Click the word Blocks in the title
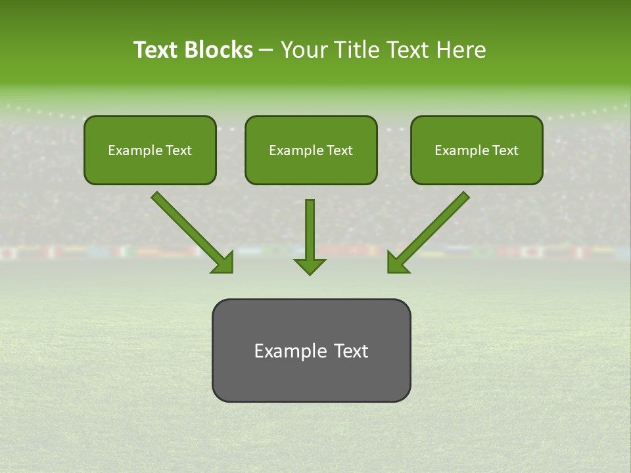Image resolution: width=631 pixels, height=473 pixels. pyautogui.click(x=219, y=50)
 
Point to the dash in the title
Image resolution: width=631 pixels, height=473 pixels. pyautogui.click(x=266, y=51)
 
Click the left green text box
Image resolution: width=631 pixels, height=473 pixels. pyautogui.click(x=150, y=168)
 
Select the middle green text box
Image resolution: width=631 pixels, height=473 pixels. pyautogui.click(x=311, y=168)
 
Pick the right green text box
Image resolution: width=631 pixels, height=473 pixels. pyautogui.click(x=477, y=168)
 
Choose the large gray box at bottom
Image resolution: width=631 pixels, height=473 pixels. pyautogui.click(x=311, y=381)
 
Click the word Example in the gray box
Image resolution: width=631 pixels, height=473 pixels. pyautogui.click(x=290, y=351)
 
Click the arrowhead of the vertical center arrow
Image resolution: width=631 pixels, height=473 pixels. pyautogui.click(x=310, y=265)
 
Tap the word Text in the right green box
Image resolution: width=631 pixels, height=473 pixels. pyautogui.click(x=505, y=150)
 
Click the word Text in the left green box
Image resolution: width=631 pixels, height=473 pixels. pyautogui.click(x=179, y=150)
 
